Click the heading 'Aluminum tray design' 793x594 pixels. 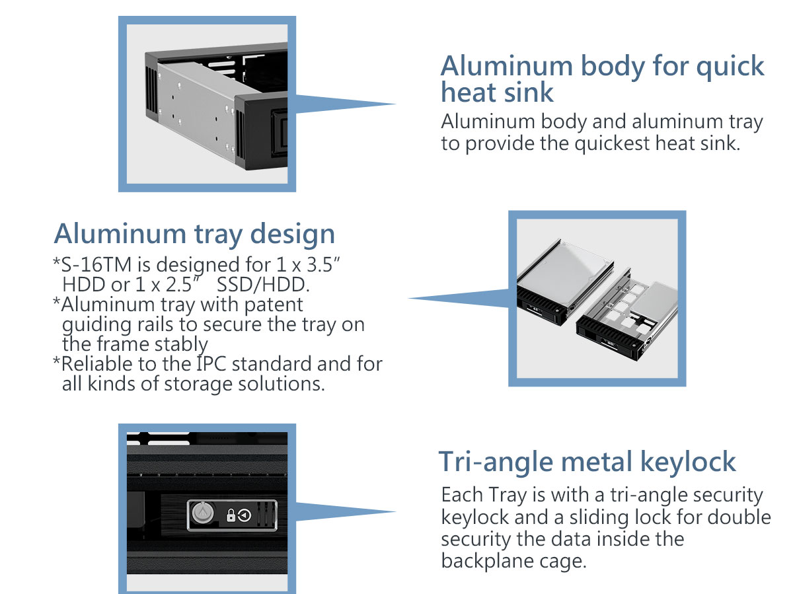[x=194, y=235]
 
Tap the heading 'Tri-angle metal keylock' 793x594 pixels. [x=587, y=463]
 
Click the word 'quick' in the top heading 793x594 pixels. [x=730, y=67]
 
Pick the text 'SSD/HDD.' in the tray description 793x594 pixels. [x=263, y=285]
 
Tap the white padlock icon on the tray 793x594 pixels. [x=231, y=515]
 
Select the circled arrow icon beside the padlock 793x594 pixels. [x=245, y=515]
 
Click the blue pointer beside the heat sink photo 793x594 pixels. [x=346, y=104]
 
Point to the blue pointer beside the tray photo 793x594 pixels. [x=458, y=299]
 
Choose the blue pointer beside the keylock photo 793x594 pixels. [x=346, y=511]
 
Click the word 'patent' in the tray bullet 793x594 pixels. [x=274, y=305]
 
